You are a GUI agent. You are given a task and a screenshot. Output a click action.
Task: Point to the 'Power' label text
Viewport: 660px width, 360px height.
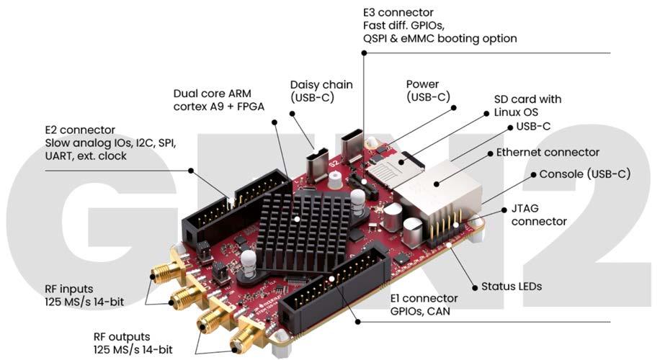(x=422, y=84)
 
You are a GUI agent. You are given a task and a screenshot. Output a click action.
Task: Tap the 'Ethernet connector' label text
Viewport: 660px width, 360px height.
(x=548, y=153)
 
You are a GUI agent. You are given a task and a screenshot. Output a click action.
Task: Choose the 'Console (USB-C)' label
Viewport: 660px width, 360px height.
(x=584, y=174)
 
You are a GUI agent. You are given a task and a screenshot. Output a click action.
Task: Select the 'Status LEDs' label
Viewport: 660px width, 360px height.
(x=512, y=287)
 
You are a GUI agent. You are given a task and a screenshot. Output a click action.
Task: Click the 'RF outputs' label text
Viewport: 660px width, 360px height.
(x=122, y=336)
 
